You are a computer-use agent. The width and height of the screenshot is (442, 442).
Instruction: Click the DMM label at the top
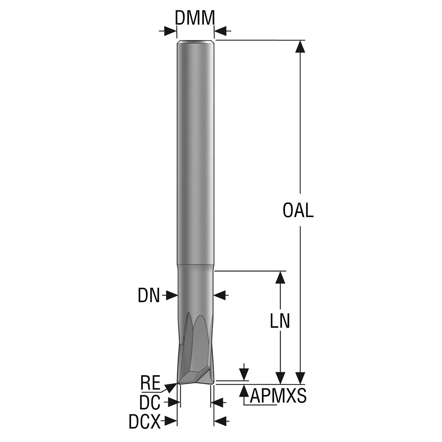(x=195, y=18)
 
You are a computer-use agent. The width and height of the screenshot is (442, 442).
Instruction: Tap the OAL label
(x=298, y=210)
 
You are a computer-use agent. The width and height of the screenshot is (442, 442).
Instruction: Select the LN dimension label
(x=280, y=321)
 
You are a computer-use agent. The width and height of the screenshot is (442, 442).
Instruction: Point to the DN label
(x=148, y=296)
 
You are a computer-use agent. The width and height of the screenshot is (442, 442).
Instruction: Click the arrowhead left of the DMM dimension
(x=171, y=31)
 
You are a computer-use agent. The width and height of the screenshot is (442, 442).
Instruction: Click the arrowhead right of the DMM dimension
(x=220, y=30)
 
